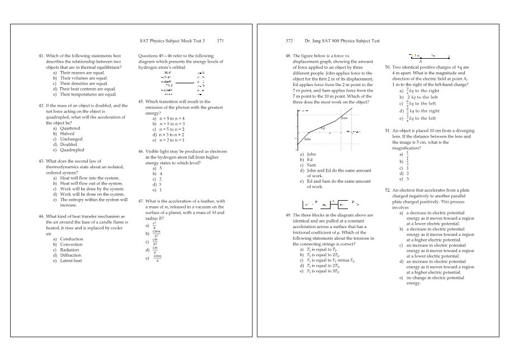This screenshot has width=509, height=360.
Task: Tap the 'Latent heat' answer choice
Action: (70, 260)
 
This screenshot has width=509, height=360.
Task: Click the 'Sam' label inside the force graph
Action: (344, 117)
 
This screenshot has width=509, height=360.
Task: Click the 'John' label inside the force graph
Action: (307, 139)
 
